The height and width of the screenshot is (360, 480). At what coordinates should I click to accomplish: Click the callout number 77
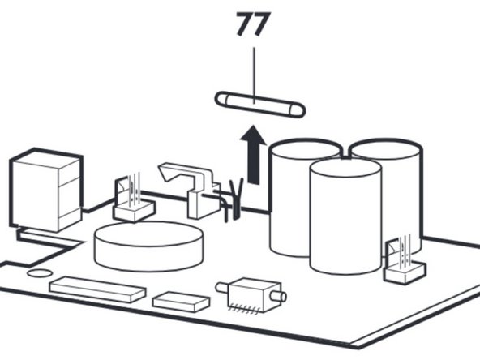click(x=254, y=24)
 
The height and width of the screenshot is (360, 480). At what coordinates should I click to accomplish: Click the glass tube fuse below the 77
click(x=260, y=104)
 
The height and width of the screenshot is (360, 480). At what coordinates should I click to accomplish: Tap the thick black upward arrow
click(x=253, y=155)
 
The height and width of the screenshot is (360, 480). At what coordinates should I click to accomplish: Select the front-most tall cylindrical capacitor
click(x=345, y=216)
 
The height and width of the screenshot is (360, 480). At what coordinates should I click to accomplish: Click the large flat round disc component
click(x=148, y=246)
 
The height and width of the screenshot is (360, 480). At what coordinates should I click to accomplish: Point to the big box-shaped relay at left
click(x=46, y=190)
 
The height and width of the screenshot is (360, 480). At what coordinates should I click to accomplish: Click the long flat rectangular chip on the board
click(x=97, y=289)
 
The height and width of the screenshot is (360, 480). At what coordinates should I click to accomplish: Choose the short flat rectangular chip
click(x=182, y=302)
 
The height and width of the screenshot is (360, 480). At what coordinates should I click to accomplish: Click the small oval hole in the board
click(x=40, y=273)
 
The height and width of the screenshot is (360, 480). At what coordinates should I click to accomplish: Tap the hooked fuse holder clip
click(x=190, y=190)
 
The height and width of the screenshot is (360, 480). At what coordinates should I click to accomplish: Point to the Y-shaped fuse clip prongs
click(x=236, y=199)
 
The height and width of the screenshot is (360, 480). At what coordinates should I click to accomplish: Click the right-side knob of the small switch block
click(x=278, y=296)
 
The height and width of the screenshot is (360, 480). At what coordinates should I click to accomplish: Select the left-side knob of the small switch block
click(x=222, y=288)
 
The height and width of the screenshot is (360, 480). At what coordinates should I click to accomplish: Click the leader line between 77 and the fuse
click(x=254, y=75)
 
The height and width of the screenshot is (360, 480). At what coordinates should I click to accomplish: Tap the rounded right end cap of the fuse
click(x=298, y=111)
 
